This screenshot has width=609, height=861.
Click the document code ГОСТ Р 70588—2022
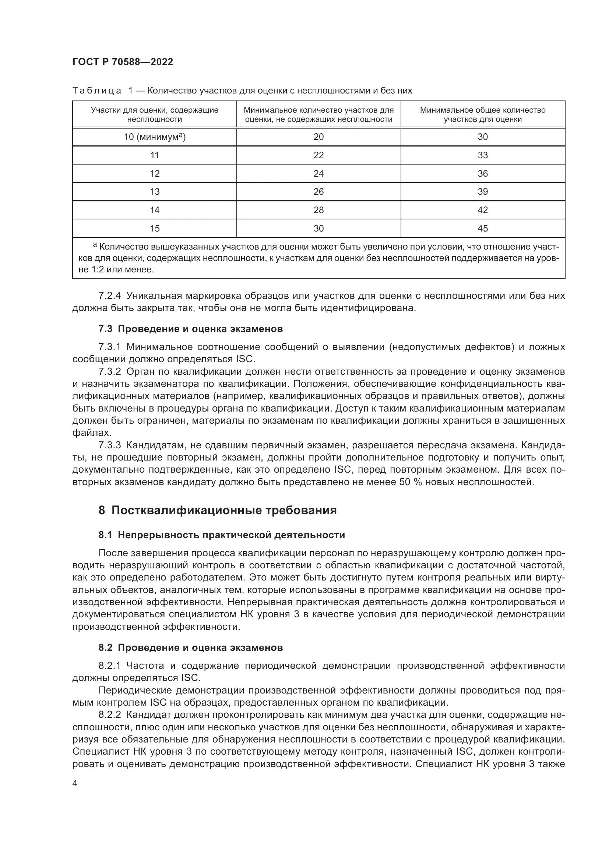(123, 62)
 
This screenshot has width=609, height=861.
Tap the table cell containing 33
(483, 155)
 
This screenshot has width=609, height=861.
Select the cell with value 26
(318, 192)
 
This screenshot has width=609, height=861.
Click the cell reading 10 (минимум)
(155, 137)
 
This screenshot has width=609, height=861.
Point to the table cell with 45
(483, 228)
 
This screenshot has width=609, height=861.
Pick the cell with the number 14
(155, 210)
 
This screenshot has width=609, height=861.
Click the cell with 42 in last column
(483, 210)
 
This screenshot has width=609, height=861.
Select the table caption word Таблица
(97, 91)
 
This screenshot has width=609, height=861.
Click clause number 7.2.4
(109, 296)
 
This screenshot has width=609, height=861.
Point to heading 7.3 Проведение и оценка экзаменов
(190, 329)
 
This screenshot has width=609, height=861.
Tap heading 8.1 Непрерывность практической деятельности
(222, 535)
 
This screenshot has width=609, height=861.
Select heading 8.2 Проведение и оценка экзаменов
(190, 647)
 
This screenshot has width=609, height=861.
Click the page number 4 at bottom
(75, 783)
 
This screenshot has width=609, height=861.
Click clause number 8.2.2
(109, 715)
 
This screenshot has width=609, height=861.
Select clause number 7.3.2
(109, 372)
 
